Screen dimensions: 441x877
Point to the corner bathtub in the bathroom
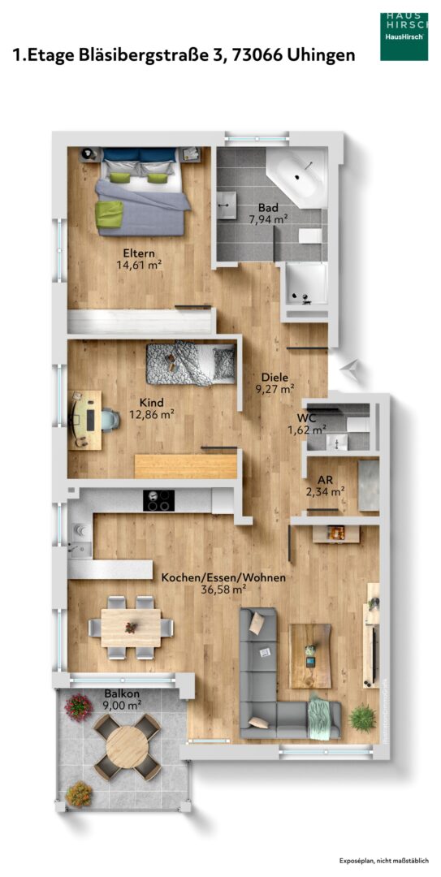tap(297, 177)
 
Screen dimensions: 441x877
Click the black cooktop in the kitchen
tap(159, 500)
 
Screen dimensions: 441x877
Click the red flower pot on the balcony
tap(78, 707)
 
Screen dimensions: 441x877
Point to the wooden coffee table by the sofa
tap(310, 656)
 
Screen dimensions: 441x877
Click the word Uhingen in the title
tap(322, 55)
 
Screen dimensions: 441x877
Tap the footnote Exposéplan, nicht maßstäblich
tap(384, 860)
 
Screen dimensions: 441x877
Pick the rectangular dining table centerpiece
tap(131, 627)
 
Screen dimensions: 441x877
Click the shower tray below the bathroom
tap(307, 285)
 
